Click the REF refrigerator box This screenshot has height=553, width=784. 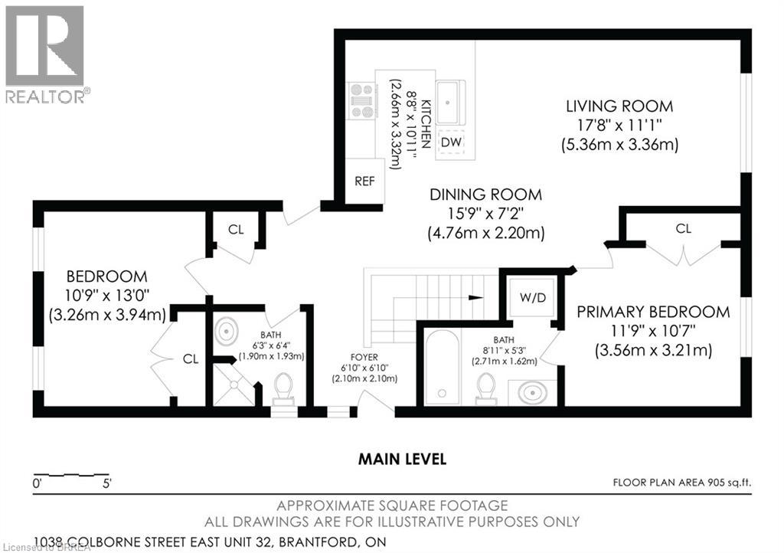(362, 182)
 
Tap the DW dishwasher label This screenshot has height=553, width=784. (451, 142)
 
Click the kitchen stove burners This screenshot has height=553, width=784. (361, 100)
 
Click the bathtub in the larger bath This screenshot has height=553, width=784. (443, 367)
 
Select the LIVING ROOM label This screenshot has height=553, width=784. (619, 106)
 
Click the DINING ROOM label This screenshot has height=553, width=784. (485, 195)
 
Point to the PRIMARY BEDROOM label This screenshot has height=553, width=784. (653, 312)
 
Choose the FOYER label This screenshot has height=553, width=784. (364, 358)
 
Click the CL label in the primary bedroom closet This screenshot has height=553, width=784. (683, 228)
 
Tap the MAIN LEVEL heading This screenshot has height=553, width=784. (402, 460)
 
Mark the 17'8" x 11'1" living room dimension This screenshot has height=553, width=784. (619, 125)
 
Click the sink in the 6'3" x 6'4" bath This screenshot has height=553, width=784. (227, 332)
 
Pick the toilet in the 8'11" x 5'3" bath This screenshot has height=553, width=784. (485, 387)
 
